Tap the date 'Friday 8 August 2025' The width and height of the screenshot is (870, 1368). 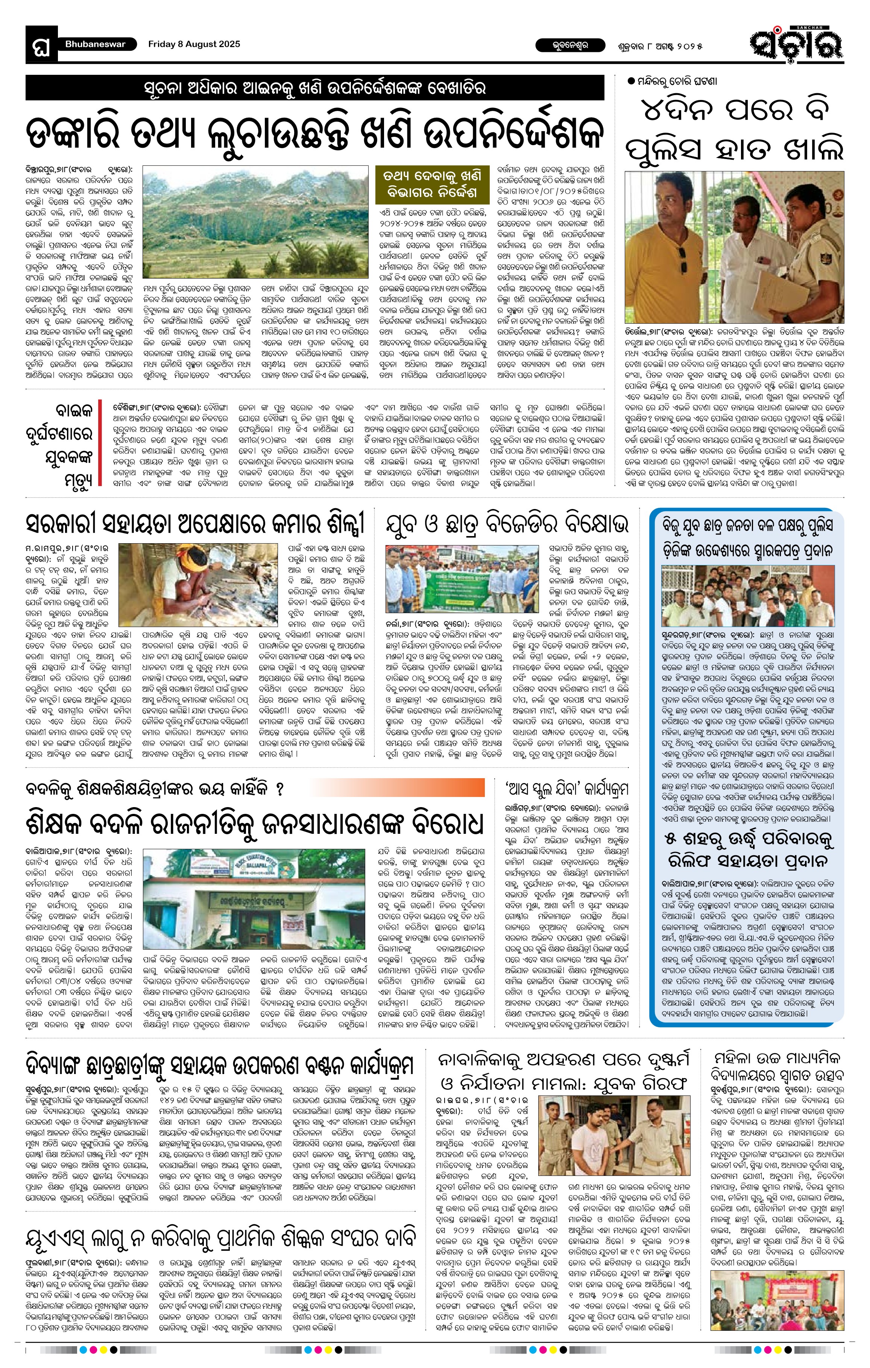194,44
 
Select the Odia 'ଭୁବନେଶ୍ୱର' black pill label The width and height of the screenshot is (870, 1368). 562,44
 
